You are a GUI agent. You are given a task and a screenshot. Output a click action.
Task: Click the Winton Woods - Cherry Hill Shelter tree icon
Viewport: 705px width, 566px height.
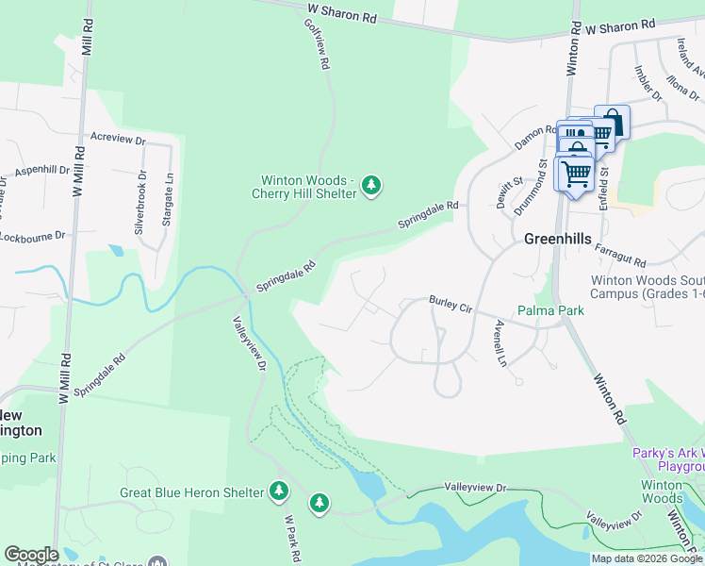click(x=372, y=185)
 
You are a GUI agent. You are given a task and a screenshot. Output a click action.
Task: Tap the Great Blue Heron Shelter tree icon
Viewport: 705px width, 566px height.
click(x=279, y=491)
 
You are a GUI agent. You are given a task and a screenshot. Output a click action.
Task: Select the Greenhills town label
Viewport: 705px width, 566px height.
click(x=557, y=240)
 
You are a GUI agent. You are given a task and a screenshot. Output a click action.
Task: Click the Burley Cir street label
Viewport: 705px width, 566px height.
click(x=451, y=304)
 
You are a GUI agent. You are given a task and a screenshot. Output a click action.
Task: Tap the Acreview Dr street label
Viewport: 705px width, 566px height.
click(x=118, y=138)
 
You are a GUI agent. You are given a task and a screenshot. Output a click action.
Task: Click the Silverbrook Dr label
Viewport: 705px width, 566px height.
click(x=141, y=203)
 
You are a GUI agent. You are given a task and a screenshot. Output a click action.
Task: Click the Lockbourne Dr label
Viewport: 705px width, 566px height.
click(x=33, y=235)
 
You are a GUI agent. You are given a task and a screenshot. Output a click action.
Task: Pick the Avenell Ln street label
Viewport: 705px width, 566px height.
click(x=500, y=343)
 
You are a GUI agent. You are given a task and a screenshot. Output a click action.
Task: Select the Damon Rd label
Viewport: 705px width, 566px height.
click(x=536, y=137)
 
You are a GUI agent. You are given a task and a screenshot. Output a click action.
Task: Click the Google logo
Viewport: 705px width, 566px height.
click(x=31, y=555)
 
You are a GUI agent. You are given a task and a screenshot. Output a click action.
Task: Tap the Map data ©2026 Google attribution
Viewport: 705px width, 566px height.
click(x=646, y=558)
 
